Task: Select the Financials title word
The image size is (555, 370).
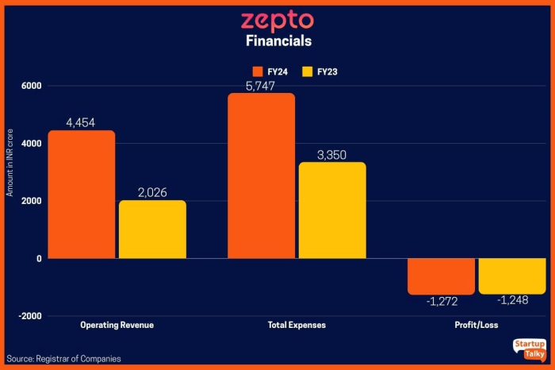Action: (x=277, y=40)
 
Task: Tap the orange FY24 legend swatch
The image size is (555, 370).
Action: (x=256, y=71)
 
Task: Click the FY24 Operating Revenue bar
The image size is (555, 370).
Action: (x=81, y=195)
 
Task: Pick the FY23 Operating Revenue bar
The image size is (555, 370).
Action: (x=152, y=229)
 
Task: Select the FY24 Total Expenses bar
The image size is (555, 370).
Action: (x=261, y=175)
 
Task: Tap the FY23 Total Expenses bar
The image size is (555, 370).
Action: (x=332, y=210)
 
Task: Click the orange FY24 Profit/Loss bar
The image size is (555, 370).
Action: (x=441, y=276)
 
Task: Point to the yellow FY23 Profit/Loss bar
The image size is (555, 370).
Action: (x=512, y=276)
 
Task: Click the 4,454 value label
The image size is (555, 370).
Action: (x=81, y=122)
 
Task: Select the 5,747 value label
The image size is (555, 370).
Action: (x=261, y=86)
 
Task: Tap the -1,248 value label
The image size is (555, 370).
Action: (x=512, y=301)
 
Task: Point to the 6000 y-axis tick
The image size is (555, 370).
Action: (x=32, y=86)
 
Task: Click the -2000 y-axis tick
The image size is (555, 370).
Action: (x=29, y=316)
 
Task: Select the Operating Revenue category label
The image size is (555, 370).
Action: (x=117, y=326)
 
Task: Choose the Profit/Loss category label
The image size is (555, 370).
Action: (x=477, y=326)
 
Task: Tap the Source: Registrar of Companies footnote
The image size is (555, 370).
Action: (x=64, y=359)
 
